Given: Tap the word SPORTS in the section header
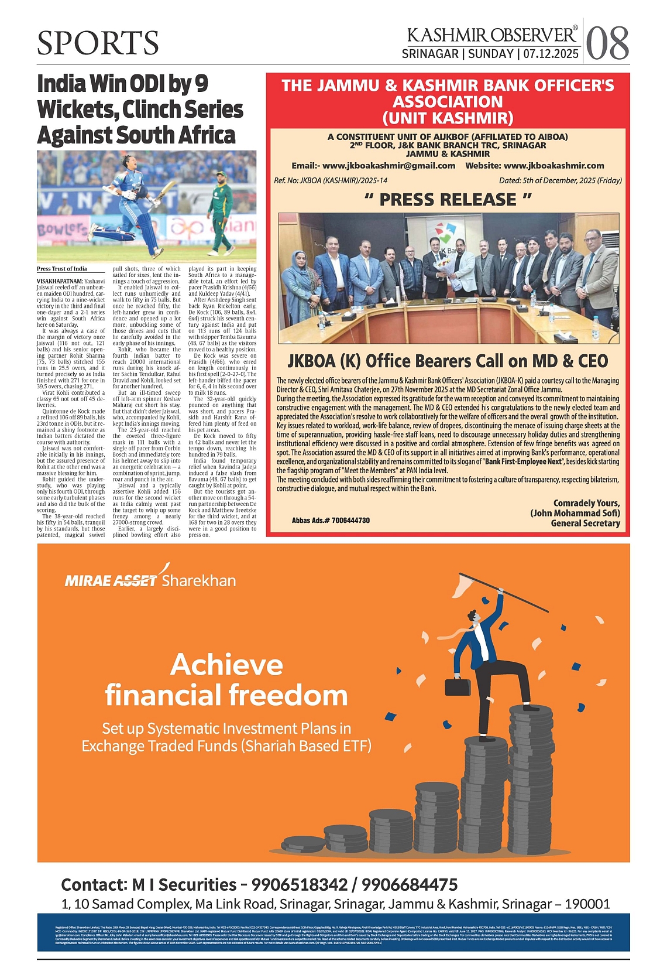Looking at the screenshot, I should pos(98,43).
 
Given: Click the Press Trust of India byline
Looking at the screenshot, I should pos(61,269).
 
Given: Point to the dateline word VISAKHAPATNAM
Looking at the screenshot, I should pos(60,281).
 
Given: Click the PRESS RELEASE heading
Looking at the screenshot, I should pos(448,200).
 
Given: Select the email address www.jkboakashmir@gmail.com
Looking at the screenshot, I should pos(388,166).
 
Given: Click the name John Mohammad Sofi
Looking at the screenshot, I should pos(576,513).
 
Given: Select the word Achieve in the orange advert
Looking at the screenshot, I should pos(227,665).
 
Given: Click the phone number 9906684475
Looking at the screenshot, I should pos(409,884).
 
